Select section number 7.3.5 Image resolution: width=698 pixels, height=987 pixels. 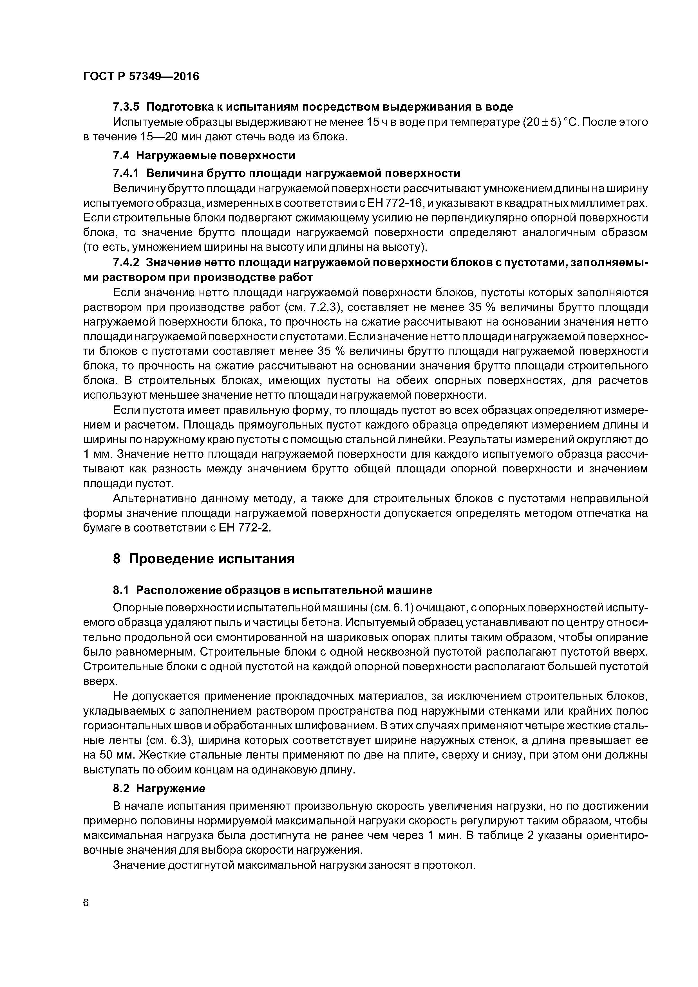[126, 107]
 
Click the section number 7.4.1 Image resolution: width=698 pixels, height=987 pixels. [126, 173]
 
